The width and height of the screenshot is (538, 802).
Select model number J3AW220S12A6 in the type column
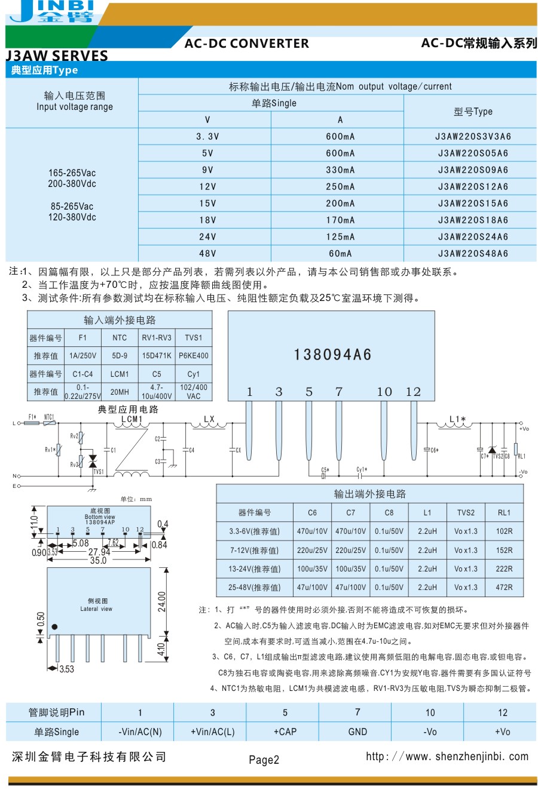[x=473, y=186]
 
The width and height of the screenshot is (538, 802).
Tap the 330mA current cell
[x=340, y=170]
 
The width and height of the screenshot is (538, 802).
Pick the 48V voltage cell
[x=207, y=253]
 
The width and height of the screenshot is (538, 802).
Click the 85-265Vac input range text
[x=72, y=206]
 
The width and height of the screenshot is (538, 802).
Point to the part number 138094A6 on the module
[x=332, y=355]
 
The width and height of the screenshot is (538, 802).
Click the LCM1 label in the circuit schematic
[x=132, y=419]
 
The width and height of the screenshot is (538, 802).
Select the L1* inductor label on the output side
[x=457, y=419]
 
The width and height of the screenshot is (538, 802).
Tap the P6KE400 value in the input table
[x=194, y=356]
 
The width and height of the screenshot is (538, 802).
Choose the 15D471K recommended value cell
[x=157, y=356]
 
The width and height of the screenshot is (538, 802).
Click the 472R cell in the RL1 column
[x=504, y=587]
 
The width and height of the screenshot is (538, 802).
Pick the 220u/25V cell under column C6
[x=312, y=550]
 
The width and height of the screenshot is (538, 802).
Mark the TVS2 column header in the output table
[x=466, y=512]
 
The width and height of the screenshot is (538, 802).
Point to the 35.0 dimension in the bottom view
[x=98, y=561]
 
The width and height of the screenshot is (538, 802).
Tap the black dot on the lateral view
[x=54, y=626]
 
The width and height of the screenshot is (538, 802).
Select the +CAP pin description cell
[x=285, y=732]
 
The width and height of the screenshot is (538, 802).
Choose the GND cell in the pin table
[x=357, y=732]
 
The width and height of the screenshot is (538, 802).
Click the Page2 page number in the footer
[x=264, y=760]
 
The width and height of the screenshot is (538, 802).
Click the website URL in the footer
[x=447, y=757]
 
